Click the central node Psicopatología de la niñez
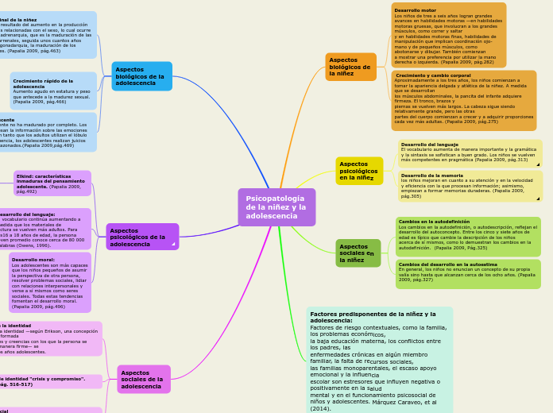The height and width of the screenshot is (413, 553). (276, 207)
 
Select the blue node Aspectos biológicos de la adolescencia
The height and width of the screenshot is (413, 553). (141, 76)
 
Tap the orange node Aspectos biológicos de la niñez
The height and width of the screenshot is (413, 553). (350, 67)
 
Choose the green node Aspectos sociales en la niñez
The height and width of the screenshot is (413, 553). (358, 253)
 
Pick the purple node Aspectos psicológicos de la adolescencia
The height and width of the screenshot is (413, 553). (141, 237)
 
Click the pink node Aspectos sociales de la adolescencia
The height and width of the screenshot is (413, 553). (143, 379)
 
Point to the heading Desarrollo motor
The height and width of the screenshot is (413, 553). (415, 10)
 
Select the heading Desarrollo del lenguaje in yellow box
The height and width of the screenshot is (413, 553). (429, 145)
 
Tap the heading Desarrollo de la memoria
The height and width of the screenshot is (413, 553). (431, 176)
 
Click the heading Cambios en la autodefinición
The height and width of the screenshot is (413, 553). (434, 222)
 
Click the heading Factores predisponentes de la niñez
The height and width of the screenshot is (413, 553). (373, 317)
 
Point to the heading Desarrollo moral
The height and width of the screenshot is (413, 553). (33, 259)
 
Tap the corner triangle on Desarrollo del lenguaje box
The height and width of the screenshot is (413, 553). (538, 164)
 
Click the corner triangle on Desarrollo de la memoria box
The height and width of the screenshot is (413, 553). (538, 198)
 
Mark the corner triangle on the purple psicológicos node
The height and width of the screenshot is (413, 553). (173, 244)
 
